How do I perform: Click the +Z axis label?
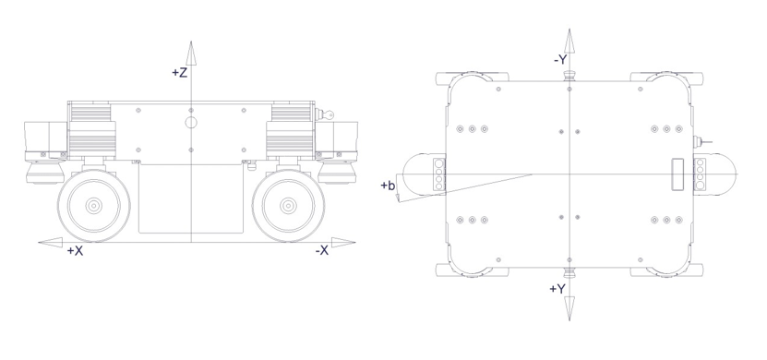point(180,72)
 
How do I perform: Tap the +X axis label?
point(75,251)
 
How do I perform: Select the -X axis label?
point(322,251)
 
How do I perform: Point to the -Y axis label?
point(560,60)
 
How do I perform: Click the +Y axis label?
point(557,289)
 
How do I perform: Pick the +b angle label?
point(388,186)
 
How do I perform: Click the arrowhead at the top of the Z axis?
point(191,53)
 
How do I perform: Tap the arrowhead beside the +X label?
point(51,242)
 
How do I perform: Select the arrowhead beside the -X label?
point(343,242)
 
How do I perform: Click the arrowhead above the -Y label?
point(569,41)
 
